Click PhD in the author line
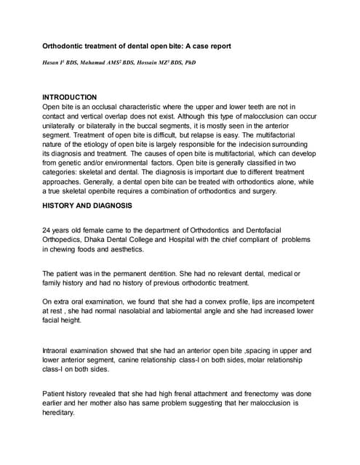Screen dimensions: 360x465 188,62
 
